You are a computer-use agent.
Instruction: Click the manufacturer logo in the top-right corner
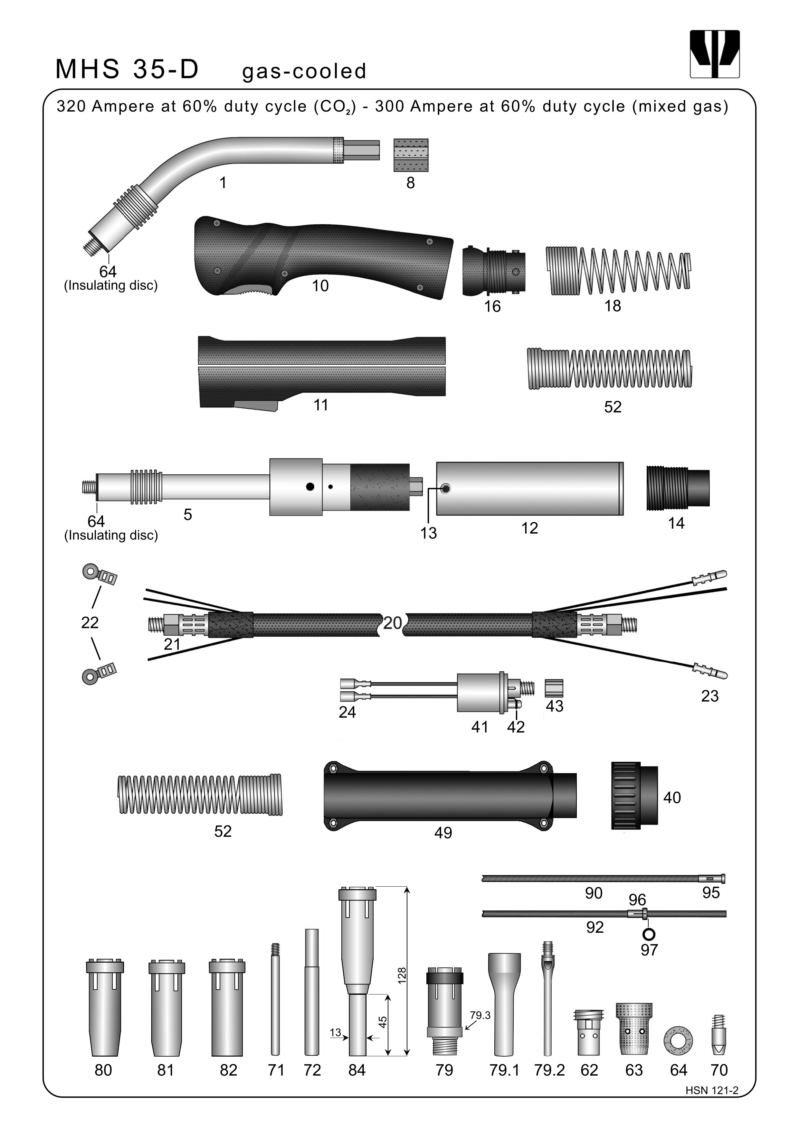(714, 54)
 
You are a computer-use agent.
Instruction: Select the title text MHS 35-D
(127, 69)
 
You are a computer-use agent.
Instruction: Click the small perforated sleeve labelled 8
(411, 155)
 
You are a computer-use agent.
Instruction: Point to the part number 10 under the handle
(320, 286)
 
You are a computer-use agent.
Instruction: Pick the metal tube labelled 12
(530, 489)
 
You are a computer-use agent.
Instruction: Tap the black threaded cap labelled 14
(678, 488)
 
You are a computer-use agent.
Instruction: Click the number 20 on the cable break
(393, 623)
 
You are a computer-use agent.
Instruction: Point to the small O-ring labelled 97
(649, 934)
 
